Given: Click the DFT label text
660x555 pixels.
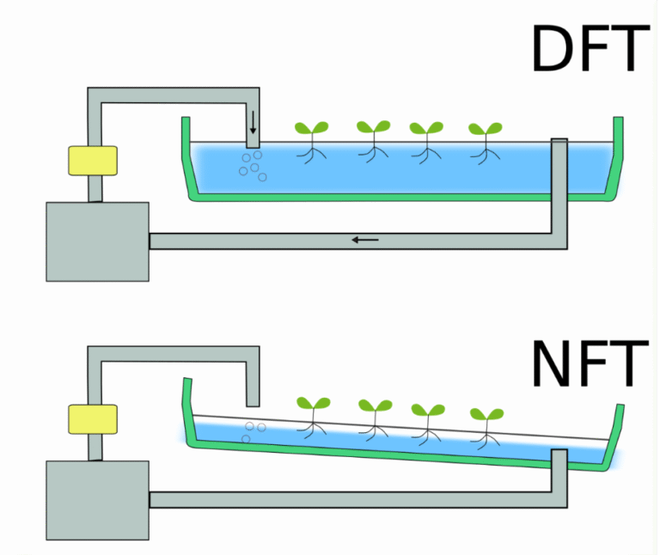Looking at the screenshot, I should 588,49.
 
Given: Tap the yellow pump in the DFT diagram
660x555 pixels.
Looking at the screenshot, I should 93,161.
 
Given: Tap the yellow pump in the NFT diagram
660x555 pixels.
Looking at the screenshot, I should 93,418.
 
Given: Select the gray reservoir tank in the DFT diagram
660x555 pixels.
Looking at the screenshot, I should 97,241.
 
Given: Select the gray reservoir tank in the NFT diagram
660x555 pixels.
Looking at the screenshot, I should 97,500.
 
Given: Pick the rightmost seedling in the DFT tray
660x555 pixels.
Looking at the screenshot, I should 486,140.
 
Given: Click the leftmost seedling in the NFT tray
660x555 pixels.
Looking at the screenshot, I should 313,413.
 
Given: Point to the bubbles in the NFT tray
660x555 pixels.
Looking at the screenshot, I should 253,430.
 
